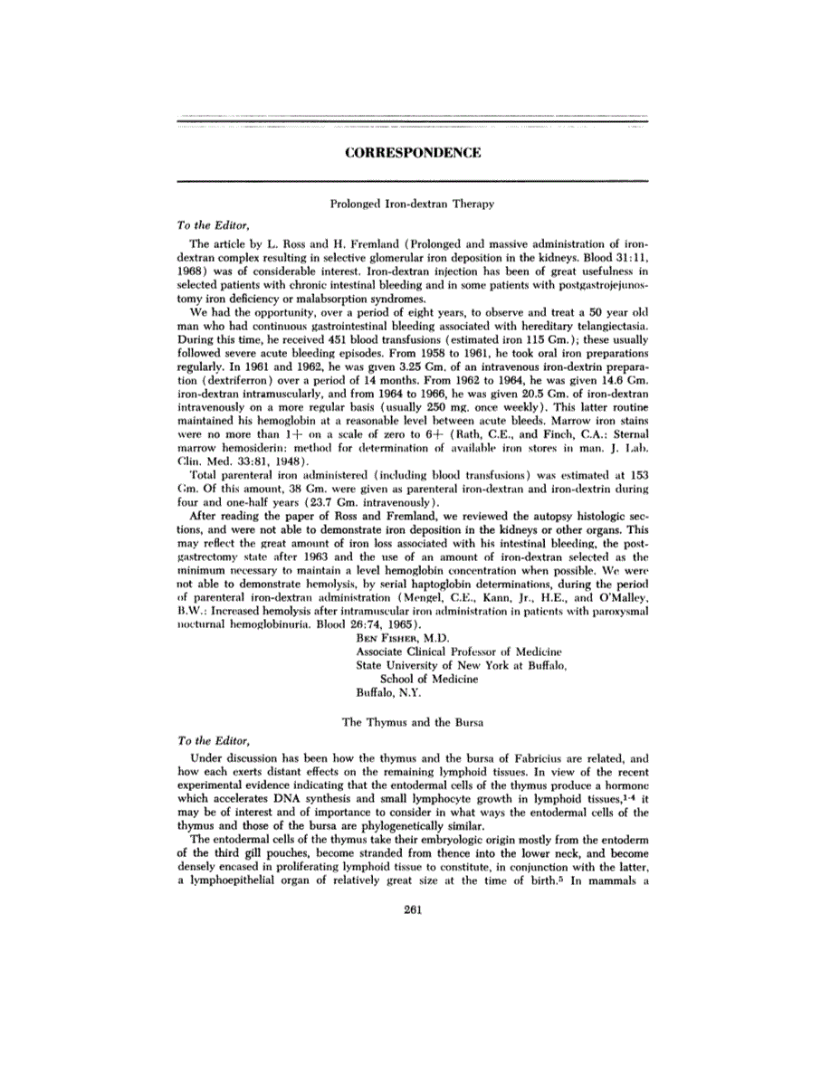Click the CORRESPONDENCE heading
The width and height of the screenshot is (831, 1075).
[413, 154]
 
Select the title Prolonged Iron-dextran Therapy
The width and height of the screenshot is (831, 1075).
[413, 205]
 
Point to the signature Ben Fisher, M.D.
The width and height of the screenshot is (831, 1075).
[398, 638]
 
